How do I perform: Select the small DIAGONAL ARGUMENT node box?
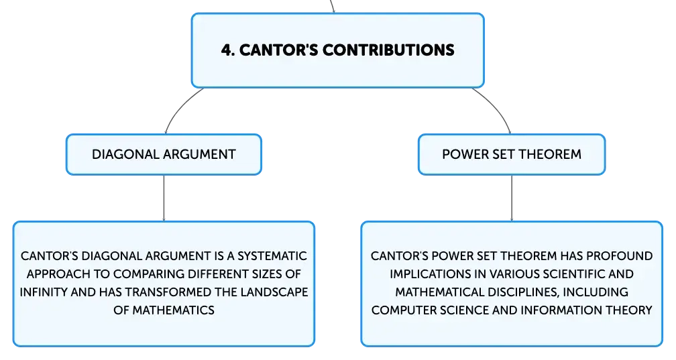[x=164, y=154]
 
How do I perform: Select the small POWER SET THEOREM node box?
[x=512, y=154]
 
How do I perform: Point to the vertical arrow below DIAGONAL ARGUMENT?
[x=164, y=198]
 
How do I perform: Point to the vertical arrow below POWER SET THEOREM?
[x=512, y=198]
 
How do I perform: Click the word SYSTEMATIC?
[x=272, y=256]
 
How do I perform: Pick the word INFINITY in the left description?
[x=44, y=292]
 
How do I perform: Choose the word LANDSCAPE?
[x=274, y=292]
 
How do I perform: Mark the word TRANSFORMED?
[x=168, y=292]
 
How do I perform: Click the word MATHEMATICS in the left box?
[x=173, y=310]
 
